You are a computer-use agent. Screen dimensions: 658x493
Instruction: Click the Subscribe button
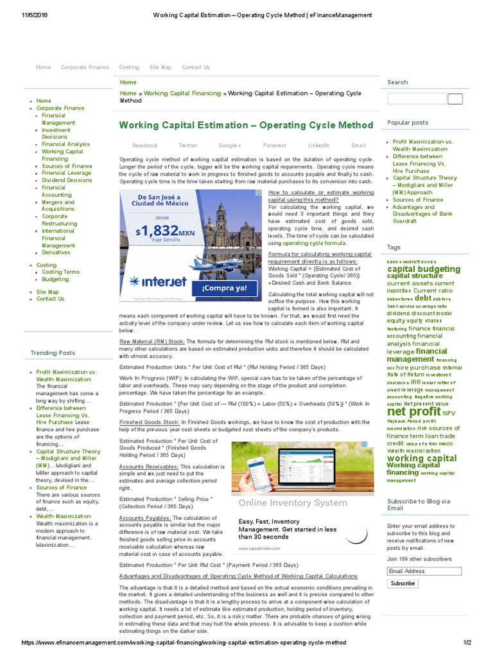[x=402, y=583]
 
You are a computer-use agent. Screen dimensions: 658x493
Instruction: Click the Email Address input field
[x=424, y=571]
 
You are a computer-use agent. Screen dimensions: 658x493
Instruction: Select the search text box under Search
[x=417, y=99]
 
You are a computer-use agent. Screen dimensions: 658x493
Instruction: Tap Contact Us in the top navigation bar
[x=196, y=67]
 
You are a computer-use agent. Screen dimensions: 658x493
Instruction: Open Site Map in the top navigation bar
[x=160, y=67]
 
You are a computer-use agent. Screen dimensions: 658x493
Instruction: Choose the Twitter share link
[x=188, y=145]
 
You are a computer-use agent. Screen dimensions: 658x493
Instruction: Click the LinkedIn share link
[x=318, y=145]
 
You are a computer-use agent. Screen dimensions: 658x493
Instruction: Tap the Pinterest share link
[x=274, y=145]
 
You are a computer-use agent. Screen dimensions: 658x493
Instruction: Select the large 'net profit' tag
[x=414, y=411]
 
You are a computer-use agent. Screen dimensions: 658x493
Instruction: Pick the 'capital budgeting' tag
[x=424, y=269]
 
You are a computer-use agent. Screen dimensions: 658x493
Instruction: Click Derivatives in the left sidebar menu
[x=56, y=253]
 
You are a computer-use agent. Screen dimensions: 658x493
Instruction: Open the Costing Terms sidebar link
[x=60, y=272]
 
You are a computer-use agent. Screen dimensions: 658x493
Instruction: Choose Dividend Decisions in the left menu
[x=67, y=181]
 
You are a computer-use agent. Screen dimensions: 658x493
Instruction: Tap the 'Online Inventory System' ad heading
[x=293, y=502]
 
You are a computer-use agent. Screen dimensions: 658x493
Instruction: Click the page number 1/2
[x=467, y=643]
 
